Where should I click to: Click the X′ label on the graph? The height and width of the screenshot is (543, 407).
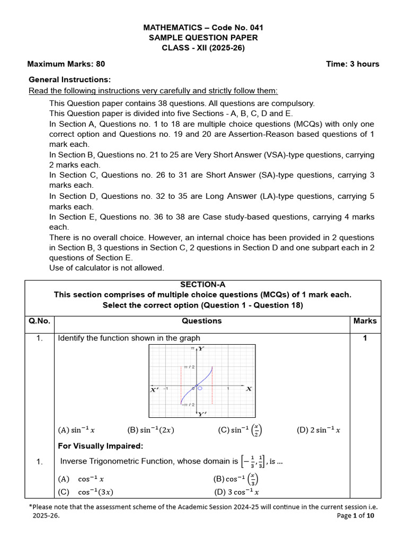(x=155, y=390)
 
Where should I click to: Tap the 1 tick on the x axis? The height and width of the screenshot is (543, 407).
(x=228, y=389)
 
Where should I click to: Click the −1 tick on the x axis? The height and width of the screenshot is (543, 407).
(x=165, y=389)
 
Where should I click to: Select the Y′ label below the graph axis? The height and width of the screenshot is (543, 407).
(x=202, y=414)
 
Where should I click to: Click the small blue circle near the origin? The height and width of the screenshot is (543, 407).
(x=200, y=389)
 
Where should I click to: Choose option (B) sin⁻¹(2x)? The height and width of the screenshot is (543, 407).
(x=151, y=430)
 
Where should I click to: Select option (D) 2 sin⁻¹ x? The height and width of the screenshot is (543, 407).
(x=318, y=430)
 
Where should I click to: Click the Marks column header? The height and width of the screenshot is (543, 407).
(x=365, y=321)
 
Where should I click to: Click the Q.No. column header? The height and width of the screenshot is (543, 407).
(x=40, y=321)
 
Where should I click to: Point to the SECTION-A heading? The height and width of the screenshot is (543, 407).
(x=203, y=285)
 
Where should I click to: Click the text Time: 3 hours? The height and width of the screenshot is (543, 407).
(x=353, y=64)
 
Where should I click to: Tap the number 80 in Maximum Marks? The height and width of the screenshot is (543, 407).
(x=100, y=64)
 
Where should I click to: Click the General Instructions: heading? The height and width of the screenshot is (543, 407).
(x=69, y=80)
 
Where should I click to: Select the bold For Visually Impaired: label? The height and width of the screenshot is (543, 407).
(x=100, y=446)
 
